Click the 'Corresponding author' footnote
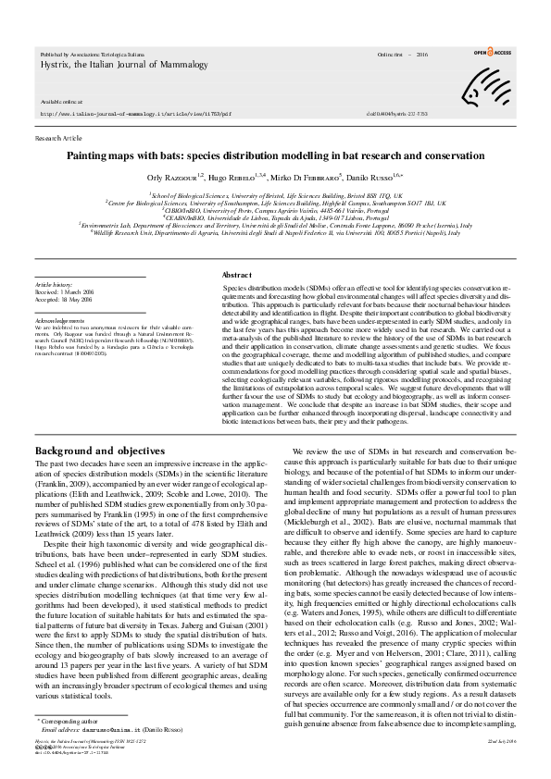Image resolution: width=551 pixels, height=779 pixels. (70, 743)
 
